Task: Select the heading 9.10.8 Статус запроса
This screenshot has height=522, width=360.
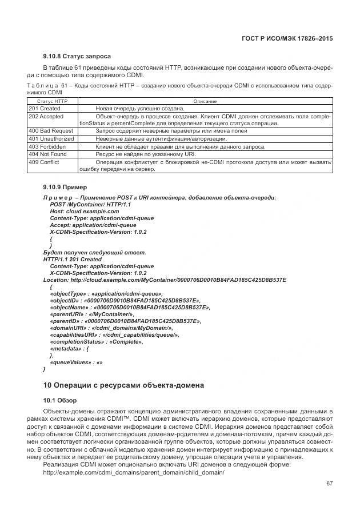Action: (x=77, y=56)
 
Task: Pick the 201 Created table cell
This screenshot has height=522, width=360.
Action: (x=45, y=109)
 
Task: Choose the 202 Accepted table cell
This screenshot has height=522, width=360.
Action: (x=46, y=116)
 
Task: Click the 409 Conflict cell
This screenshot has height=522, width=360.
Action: (x=44, y=162)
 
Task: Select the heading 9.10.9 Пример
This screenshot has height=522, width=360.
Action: (x=66, y=186)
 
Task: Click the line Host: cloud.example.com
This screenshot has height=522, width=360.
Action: (x=85, y=211)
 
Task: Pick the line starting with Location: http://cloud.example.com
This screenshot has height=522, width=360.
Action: (x=165, y=280)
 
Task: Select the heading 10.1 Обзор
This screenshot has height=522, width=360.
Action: (x=60, y=400)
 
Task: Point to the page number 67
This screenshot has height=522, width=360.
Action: (x=329, y=483)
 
